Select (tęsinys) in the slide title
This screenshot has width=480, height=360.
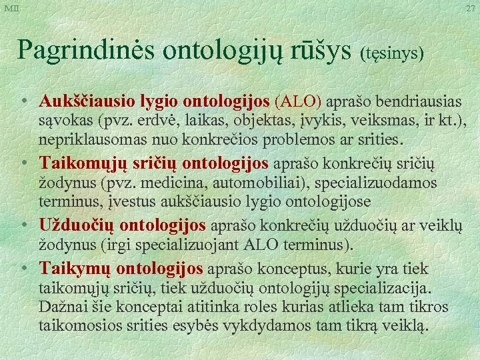tap(393, 53)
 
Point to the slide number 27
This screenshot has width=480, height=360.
tap(470, 7)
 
